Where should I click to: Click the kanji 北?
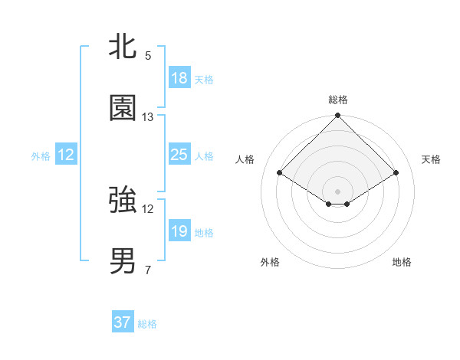point(123,46)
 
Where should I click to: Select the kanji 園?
point(123,108)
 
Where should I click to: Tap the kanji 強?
point(123,200)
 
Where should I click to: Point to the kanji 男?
point(123,261)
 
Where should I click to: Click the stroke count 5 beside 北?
point(148,56)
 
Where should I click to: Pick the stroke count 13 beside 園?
point(148,117)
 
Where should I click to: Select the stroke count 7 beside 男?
point(148,270)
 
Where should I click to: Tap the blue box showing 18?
point(179,78)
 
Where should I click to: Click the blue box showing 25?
point(179,155)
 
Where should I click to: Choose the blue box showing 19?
point(179,231)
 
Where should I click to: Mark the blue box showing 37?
point(123,322)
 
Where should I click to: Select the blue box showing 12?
point(66,155)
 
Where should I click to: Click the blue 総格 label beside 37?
point(147,324)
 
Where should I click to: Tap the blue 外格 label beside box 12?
point(41,156)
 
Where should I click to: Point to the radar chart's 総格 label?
point(337,100)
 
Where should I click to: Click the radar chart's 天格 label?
point(432,159)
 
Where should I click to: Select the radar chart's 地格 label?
point(402,262)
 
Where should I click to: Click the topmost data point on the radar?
point(337,116)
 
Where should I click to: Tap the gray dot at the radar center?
point(337,191)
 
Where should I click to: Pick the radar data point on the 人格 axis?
point(280,172)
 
